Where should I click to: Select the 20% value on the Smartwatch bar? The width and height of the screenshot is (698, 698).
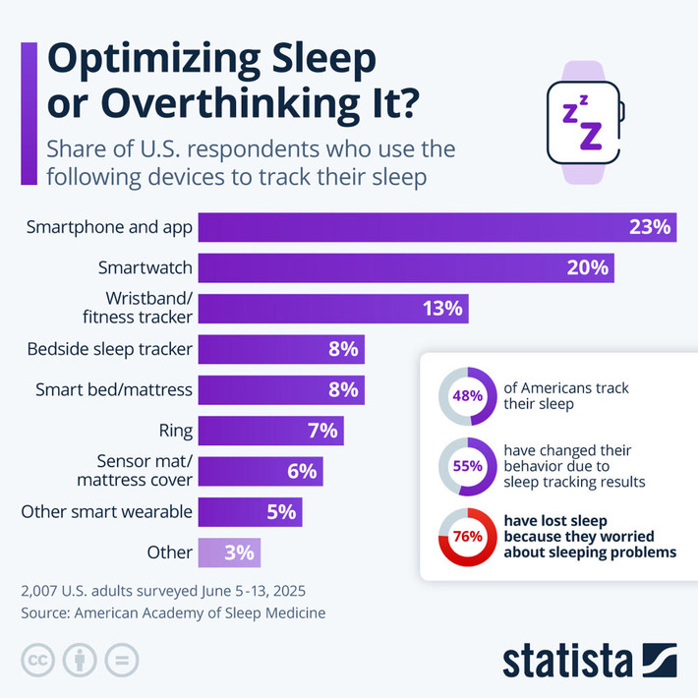pos(587,267)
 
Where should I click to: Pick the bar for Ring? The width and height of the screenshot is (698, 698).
pos(271,430)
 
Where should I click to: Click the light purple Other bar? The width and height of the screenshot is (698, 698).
pos(229,552)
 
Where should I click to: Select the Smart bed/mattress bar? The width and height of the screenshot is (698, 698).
pos(282,389)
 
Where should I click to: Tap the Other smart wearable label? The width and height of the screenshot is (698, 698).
pos(106,511)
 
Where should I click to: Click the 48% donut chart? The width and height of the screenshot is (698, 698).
pos(467,395)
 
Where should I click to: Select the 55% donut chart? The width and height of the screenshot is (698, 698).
pos(467,465)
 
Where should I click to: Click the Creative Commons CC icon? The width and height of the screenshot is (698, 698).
pos(38,660)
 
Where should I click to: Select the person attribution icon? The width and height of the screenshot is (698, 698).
pos(80,660)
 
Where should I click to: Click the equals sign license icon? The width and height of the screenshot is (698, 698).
pos(121,660)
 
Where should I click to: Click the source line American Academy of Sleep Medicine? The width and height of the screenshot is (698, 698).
pos(172,612)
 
